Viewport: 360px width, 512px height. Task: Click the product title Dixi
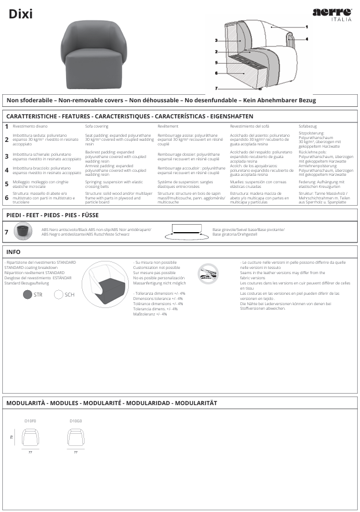20,15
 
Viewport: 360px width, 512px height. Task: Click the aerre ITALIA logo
332,14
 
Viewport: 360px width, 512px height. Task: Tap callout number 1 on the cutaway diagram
307,27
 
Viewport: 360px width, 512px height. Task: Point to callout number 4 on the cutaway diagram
307,39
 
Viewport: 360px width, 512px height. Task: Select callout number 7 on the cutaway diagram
216,88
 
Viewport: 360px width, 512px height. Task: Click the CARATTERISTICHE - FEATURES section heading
121,116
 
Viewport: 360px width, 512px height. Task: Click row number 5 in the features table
6,184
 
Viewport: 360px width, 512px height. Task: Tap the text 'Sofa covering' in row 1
97,125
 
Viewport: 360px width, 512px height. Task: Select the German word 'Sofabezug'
308,125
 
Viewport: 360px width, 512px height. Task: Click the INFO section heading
14,252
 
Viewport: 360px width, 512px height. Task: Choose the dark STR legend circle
28,294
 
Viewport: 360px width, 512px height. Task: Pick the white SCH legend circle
59,294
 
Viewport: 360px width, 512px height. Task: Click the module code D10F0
30,421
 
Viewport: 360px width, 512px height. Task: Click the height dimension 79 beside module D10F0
12,438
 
